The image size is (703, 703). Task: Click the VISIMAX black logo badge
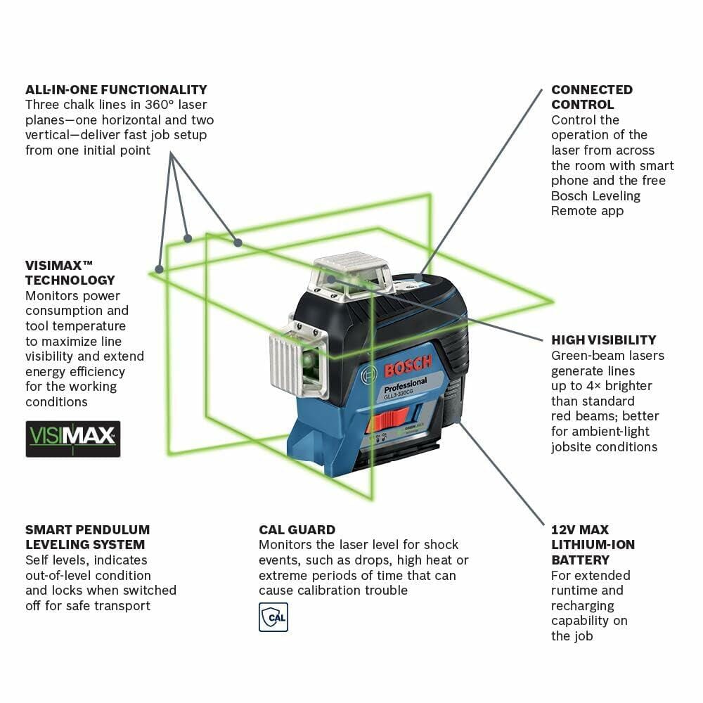pos(73,439)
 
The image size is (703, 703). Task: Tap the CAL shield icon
pos(273,617)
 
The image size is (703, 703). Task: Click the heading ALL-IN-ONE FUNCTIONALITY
pos(116,90)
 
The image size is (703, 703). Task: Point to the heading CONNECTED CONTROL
pos(592,97)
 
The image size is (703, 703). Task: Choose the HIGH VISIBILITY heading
pos(604,340)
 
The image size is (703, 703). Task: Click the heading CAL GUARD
pos(297,529)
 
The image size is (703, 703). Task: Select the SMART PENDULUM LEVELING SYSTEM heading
pos(87,537)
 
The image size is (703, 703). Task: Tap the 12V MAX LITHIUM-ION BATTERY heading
pos(593,545)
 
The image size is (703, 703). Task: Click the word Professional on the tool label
pos(405,384)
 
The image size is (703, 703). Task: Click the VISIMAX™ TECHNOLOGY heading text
pos(70,273)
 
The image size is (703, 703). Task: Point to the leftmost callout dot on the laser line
pos(160,269)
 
